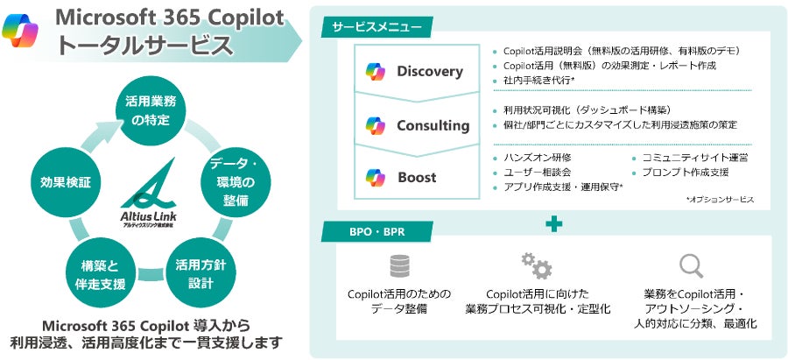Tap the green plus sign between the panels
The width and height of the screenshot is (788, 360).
pyautogui.click(x=552, y=224)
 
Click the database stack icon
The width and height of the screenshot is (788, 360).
pyautogui.click(x=400, y=265)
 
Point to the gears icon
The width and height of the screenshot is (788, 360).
pyautogui.click(x=535, y=265)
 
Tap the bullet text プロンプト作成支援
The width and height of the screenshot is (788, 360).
pyautogui.click(x=685, y=172)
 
